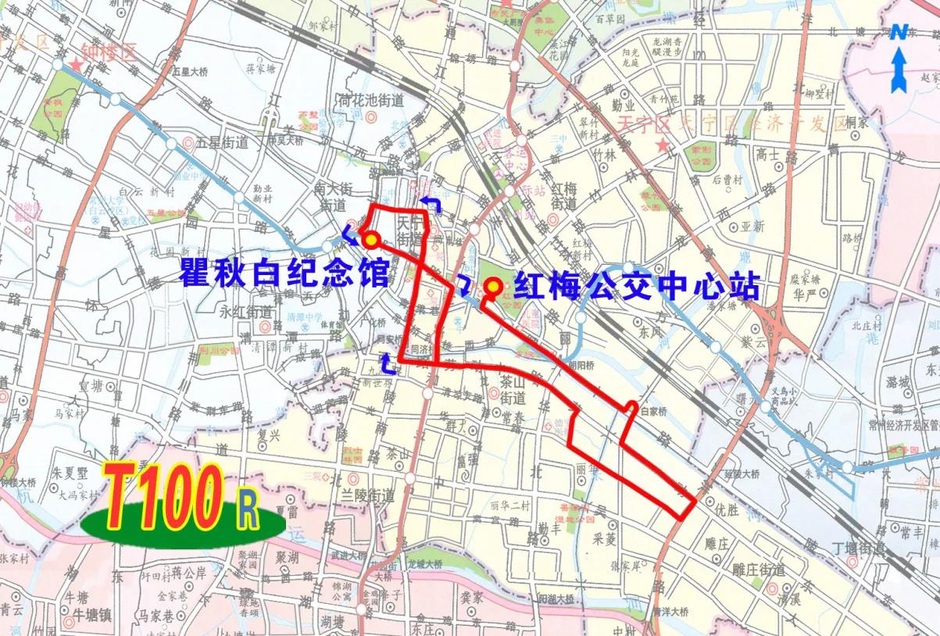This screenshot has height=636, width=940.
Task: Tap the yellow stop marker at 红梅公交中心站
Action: pos(493,287)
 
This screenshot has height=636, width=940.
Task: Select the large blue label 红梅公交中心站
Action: pos(637,286)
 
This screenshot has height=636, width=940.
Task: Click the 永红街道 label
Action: pos(246,311)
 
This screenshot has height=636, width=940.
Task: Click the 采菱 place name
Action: pos(605,538)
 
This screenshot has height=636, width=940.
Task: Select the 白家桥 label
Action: pos(656,409)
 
